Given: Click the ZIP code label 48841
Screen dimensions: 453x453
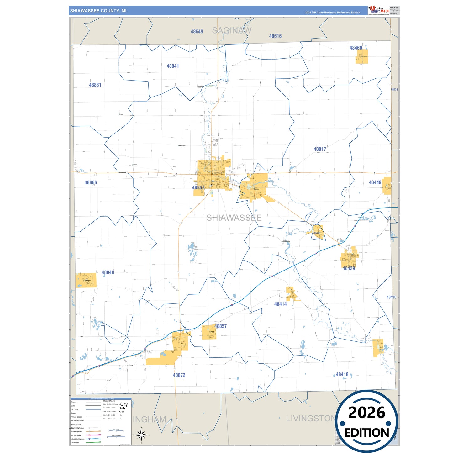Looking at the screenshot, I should [x=173, y=66].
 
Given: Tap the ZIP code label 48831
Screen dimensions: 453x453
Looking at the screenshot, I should [x=95, y=85].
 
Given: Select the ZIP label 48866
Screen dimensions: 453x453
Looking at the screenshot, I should [x=91, y=182].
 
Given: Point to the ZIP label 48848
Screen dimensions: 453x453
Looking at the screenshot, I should [x=108, y=272].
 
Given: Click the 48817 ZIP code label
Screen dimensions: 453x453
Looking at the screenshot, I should [x=320, y=149].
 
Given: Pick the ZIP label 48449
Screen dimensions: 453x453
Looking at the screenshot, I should [x=375, y=182].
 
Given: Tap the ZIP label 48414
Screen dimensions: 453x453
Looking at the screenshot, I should [x=280, y=304].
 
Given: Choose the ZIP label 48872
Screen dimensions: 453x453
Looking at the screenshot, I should [x=179, y=375].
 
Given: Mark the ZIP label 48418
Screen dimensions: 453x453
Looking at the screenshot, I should [x=342, y=374].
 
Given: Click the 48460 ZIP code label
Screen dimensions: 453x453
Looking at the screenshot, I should [x=356, y=48].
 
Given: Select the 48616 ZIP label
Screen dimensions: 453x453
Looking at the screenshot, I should [x=275, y=36].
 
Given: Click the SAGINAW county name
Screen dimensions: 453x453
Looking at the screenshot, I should [x=232, y=30].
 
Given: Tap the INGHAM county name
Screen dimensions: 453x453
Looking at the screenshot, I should [x=150, y=419].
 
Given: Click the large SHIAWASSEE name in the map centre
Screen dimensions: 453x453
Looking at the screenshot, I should [x=234, y=218].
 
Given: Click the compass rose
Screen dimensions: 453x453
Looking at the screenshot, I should [x=141, y=435].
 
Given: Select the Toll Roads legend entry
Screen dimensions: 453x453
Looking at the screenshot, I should [x=75, y=443].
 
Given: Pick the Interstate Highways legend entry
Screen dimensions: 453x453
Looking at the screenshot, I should [x=78, y=439].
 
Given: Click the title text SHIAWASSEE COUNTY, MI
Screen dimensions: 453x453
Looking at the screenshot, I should [x=98, y=11].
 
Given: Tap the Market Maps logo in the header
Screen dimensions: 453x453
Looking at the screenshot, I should [x=379, y=10].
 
